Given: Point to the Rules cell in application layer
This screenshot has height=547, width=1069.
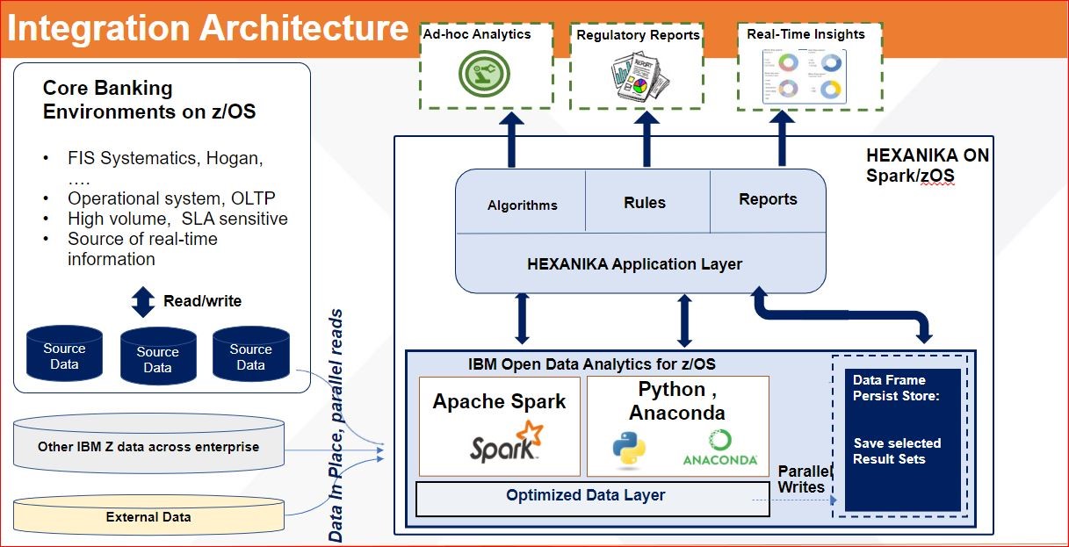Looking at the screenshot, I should click(645, 202).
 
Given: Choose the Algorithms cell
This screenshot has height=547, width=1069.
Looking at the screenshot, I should click(522, 205).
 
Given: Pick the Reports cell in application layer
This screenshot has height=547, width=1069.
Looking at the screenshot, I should click(768, 199).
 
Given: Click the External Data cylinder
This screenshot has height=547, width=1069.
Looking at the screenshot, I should click(148, 516).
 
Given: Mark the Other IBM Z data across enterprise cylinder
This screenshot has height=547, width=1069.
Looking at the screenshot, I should click(148, 447).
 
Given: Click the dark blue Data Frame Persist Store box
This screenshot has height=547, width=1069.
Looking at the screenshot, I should click(902, 439).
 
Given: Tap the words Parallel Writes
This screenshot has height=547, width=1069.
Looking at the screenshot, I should click(801, 479).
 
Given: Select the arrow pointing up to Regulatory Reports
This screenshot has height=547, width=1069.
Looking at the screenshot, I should click(646, 140).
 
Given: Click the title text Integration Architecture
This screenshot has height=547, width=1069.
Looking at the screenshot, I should click(208, 28).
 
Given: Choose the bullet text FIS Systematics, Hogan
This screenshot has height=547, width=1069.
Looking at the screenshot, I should click(165, 159).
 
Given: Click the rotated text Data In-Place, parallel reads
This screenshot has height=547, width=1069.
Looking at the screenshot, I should click(336, 426).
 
